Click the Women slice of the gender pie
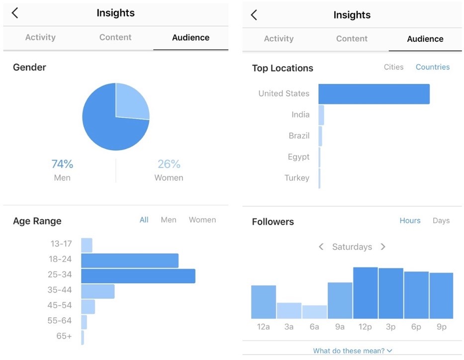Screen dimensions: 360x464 [x=131, y=102]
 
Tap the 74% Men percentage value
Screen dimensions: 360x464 [x=62, y=164]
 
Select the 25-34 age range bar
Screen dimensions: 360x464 [x=138, y=276]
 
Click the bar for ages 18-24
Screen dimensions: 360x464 [x=129, y=261]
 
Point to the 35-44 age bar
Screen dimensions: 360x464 [x=97, y=291]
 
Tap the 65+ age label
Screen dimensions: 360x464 [x=64, y=336]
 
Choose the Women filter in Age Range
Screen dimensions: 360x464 [x=202, y=220]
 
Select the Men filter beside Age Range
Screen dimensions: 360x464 [x=168, y=220]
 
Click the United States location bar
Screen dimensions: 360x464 [x=373, y=94]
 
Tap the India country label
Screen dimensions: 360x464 [x=300, y=115]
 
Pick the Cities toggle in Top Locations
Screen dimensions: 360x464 [x=393, y=67]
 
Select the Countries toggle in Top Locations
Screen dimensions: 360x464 [x=433, y=67]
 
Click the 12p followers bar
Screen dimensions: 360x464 [x=366, y=293]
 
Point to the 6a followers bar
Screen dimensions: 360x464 [x=314, y=312]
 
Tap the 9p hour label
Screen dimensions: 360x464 [x=441, y=327]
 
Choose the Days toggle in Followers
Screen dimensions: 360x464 [x=441, y=221]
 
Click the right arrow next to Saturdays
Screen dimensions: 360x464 [x=383, y=247]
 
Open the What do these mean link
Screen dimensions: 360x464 [x=352, y=351]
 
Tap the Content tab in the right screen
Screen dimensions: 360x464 [x=352, y=39]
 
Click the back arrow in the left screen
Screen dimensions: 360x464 [x=15, y=13]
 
